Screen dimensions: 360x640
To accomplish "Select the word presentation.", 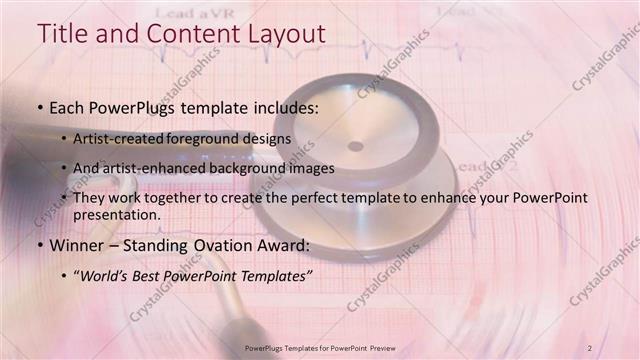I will coord(116,214).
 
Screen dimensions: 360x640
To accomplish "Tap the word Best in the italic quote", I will coord(154,275).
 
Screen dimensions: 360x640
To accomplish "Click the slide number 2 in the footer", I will coord(590,347).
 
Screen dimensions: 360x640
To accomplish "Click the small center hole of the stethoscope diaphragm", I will coord(355,146).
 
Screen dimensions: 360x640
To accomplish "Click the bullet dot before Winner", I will coord(39,245).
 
